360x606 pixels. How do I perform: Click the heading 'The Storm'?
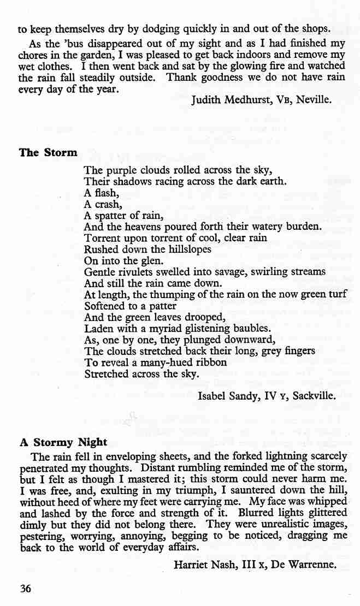click(x=48, y=152)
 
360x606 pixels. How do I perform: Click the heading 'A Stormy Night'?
click(x=63, y=442)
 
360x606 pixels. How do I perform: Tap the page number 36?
click(x=26, y=587)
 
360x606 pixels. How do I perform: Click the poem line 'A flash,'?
click(x=100, y=193)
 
